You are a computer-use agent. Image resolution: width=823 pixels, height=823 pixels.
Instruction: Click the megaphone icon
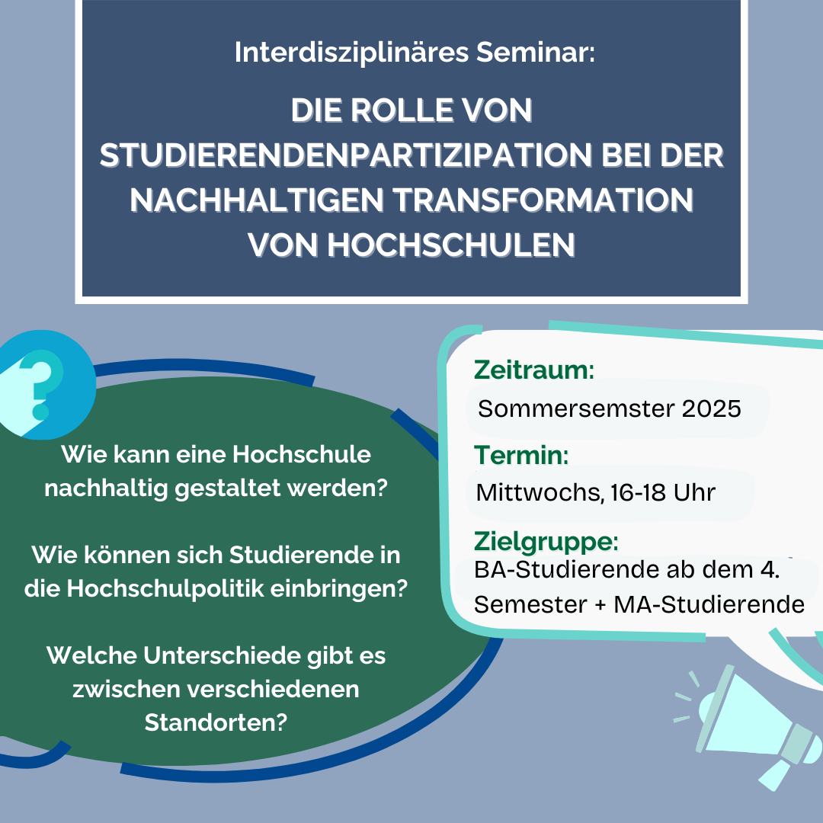tap(751, 727)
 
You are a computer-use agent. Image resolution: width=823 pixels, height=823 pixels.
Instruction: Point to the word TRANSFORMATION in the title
tap(543, 200)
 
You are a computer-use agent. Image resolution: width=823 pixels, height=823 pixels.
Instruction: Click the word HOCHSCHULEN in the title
tap(451, 245)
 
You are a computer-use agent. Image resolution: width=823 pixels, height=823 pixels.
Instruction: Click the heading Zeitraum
tap(533, 370)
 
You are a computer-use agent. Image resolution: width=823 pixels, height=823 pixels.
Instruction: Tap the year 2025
tap(711, 408)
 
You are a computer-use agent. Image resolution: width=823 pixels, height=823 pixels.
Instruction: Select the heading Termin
tap(521, 455)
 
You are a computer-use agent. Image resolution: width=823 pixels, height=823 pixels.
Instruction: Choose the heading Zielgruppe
tap(546, 541)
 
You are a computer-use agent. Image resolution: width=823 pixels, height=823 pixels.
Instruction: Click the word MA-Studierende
tap(709, 604)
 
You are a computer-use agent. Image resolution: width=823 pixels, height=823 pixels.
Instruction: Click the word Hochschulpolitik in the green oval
tap(165, 589)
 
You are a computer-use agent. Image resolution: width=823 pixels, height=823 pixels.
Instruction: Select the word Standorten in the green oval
tap(216, 722)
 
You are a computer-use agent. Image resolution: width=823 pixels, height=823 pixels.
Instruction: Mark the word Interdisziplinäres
tap(351, 53)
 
